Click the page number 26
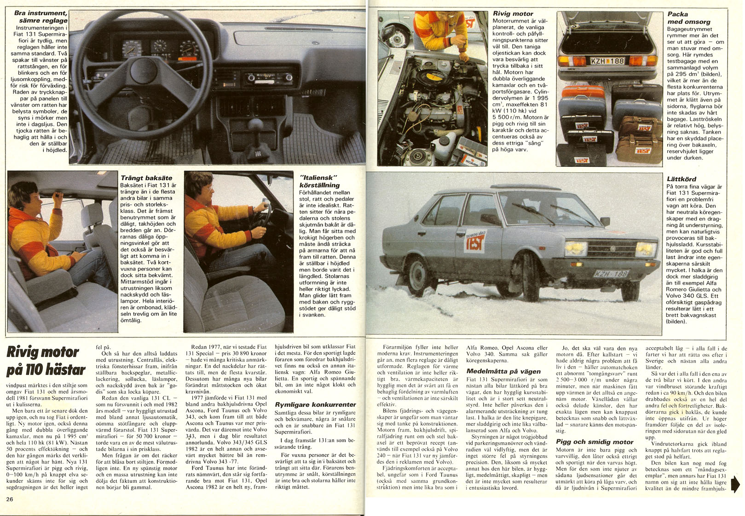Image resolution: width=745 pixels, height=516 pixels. pos(10,499)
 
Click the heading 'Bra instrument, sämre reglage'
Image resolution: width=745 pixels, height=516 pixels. pos(41,17)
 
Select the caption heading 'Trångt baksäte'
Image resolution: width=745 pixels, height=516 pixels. pos(146,178)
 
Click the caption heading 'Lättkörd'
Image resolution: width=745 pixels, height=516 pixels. pos(681,179)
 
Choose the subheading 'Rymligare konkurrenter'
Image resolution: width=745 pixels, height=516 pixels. pos(315,405)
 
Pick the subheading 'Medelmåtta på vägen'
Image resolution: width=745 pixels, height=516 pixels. pos(503,371)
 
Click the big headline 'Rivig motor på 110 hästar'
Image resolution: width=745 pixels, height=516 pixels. pos(46,361)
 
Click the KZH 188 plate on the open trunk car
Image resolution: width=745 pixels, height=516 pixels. pos(607,61)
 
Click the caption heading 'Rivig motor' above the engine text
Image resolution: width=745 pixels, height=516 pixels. pos(513,14)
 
